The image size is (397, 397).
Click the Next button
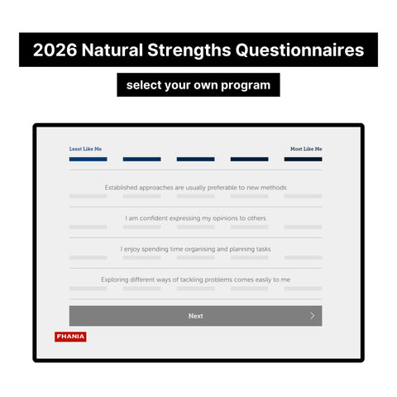(x=195, y=316)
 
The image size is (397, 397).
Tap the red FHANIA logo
(x=70, y=337)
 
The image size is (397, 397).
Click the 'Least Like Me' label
(x=85, y=149)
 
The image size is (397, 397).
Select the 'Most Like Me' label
(x=305, y=149)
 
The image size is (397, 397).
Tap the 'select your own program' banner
(x=198, y=85)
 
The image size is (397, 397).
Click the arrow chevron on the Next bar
(x=312, y=316)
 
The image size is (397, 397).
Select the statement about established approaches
(x=195, y=188)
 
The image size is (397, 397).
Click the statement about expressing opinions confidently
(x=195, y=218)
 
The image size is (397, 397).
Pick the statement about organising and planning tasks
(x=195, y=249)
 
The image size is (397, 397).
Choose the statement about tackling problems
(x=195, y=280)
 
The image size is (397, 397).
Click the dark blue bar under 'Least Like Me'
(x=88, y=159)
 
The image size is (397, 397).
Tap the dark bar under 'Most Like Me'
(x=303, y=159)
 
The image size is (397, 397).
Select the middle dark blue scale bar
(x=195, y=159)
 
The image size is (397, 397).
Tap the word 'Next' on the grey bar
(x=195, y=316)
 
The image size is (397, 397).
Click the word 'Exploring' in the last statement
(x=117, y=280)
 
